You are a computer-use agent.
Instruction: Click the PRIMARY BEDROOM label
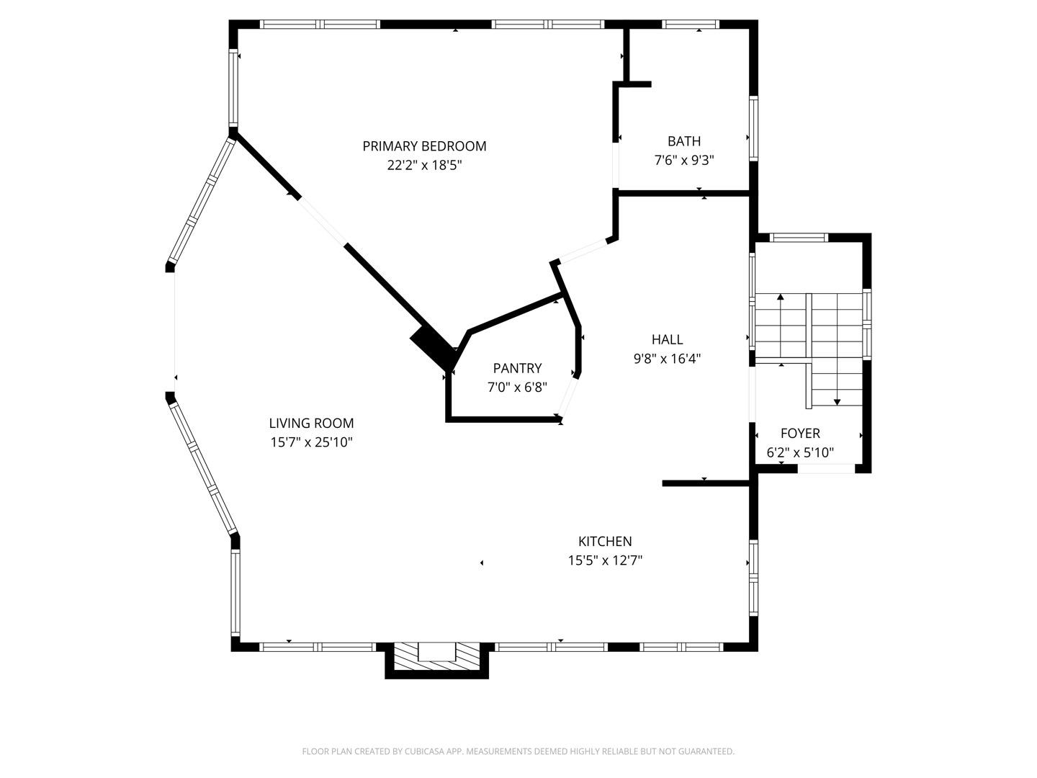click(424, 146)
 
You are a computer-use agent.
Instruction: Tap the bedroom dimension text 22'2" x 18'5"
click(424, 165)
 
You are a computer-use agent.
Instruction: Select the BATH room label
click(683, 141)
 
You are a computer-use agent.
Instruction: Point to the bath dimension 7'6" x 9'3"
click(683, 160)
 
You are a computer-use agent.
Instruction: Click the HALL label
click(667, 339)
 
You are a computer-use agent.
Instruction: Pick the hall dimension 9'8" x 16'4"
click(667, 358)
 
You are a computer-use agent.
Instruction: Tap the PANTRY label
click(517, 369)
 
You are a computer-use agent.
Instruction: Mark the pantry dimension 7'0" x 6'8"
click(517, 388)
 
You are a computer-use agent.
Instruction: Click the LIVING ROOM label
click(311, 424)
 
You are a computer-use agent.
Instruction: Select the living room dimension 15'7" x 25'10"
click(311, 442)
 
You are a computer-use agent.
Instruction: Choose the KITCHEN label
click(605, 542)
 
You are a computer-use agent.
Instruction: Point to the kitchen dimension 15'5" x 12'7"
click(605, 560)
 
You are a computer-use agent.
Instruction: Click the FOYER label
click(800, 434)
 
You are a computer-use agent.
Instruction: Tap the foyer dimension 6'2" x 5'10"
click(800, 452)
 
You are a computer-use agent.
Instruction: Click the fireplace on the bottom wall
click(437, 656)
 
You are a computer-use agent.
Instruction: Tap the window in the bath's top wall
click(691, 24)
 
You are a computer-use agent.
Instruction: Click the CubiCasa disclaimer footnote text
click(518, 751)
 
